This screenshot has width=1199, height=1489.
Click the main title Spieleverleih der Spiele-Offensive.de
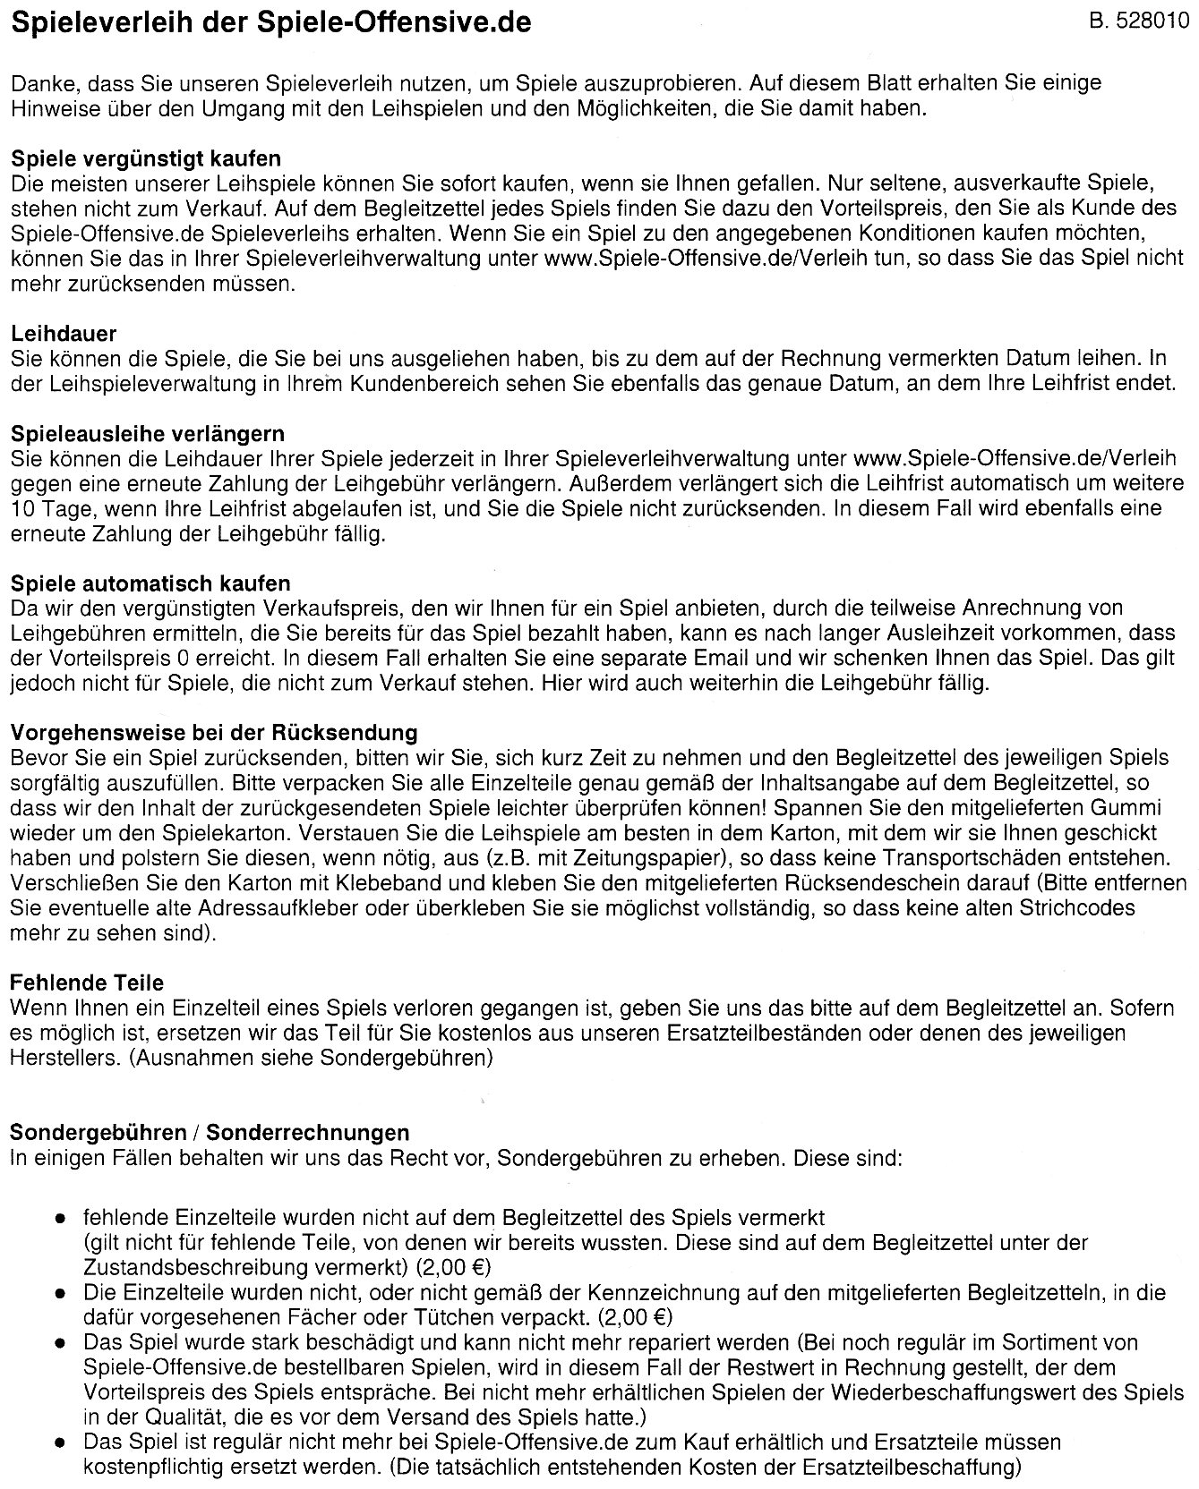pyautogui.click(x=270, y=23)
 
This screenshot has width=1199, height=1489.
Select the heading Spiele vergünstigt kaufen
pyautogui.click(x=146, y=158)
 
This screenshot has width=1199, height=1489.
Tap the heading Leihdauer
pyautogui.click(x=64, y=334)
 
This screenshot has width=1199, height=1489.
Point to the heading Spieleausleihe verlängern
pyautogui.click(x=148, y=434)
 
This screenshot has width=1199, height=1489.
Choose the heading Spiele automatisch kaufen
pyautogui.click(x=150, y=583)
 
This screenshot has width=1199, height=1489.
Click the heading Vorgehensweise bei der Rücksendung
pyautogui.click(x=214, y=733)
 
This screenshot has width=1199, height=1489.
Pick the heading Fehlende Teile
pyautogui.click(x=87, y=983)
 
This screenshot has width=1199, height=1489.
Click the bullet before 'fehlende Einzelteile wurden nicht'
pyautogui.click(x=60, y=1219)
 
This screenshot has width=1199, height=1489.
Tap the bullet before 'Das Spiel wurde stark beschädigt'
pyautogui.click(x=60, y=1343)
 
